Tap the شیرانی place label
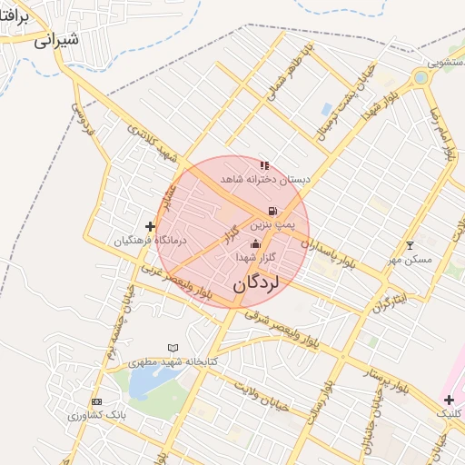point(56,39)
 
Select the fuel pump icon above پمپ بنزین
point(272,211)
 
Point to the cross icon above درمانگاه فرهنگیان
point(150,226)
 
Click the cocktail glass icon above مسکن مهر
point(410,245)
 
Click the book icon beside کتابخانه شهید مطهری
point(173,348)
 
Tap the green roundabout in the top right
point(420,78)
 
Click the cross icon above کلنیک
point(449,400)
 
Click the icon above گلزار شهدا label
point(255,243)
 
